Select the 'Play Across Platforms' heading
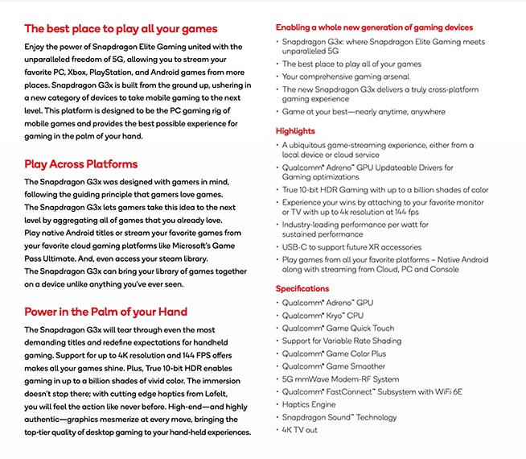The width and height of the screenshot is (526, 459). click(x=80, y=164)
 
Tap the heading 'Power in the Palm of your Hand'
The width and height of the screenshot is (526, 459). click(x=105, y=312)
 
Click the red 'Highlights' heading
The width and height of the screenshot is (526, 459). click(x=295, y=131)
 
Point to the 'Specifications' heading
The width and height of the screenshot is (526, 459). click(x=302, y=288)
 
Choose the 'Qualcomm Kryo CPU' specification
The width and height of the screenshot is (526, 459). click(x=323, y=316)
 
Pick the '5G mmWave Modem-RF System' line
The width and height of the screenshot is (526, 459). click(x=340, y=379)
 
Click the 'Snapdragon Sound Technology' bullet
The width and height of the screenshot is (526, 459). click(x=339, y=417)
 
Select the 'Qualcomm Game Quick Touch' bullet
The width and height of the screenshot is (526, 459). click(x=338, y=329)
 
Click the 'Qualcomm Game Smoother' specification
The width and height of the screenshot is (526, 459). click(x=334, y=366)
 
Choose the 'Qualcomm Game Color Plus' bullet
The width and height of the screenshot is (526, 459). click(x=334, y=354)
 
